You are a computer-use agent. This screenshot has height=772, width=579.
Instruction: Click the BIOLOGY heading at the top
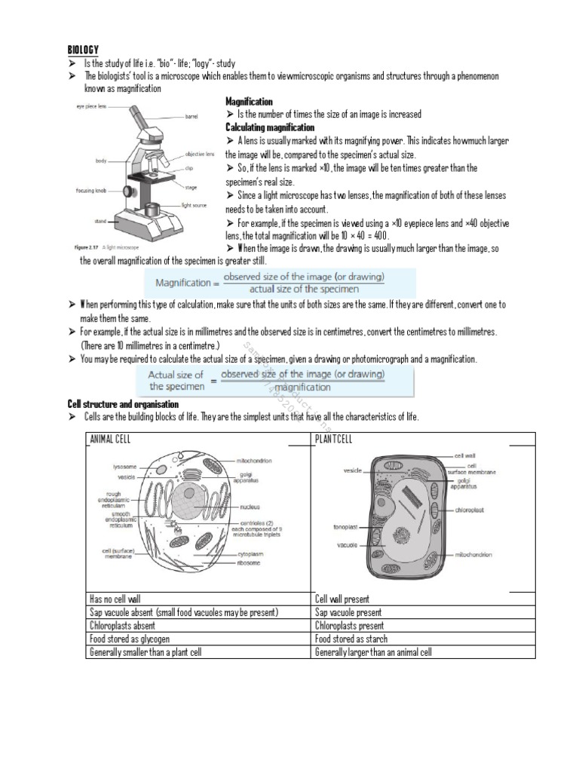[x=83, y=49]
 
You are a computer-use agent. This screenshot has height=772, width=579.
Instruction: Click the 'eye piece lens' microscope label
[x=90, y=107]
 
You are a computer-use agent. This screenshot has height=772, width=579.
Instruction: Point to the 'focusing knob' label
[x=94, y=191]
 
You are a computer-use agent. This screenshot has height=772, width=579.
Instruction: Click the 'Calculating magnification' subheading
[x=269, y=127]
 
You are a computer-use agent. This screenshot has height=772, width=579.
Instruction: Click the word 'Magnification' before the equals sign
[x=182, y=283]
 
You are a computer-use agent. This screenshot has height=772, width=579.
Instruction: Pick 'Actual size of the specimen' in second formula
[x=176, y=380]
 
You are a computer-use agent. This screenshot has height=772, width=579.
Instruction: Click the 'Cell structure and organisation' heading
[x=123, y=405]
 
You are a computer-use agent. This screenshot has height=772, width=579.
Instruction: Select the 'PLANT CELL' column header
[x=333, y=440]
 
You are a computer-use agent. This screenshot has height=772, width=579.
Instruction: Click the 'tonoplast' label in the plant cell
[x=346, y=526]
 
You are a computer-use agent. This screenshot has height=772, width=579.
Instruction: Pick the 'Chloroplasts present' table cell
[x=349, y=626]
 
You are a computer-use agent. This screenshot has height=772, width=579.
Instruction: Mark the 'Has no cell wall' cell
[x=115, y=599]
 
